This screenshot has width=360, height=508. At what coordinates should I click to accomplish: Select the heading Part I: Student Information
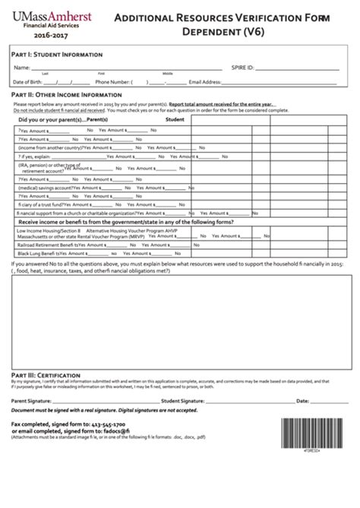[x=52, y=55]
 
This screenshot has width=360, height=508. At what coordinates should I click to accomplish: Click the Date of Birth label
[x=27, y=81]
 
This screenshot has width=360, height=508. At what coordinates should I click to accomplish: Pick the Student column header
[x=175, y=120]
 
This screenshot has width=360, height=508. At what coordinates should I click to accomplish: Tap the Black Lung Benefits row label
[x=41, y=254]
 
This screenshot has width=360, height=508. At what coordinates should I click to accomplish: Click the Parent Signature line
[x=106, y=400]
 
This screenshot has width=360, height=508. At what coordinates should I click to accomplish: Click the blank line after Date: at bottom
[x=327, y=400]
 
